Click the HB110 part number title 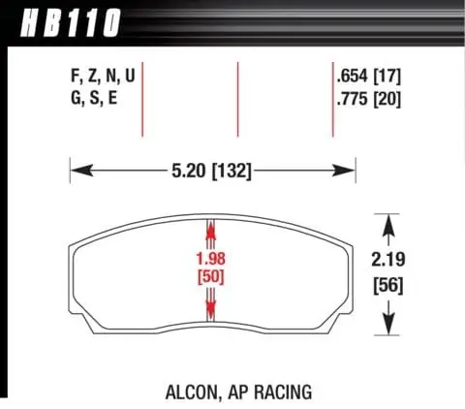[x=71, y=23]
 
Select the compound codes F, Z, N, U [x=103, y=77]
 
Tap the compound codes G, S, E [x=94, y=98]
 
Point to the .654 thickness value [x=353, y=77]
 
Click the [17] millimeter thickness [x=387, y=77]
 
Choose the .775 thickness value [x=353, y=99]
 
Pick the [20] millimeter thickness [x=387, y=99]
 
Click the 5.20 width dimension [x=188, y=171]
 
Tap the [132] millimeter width [x=232, y=171]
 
